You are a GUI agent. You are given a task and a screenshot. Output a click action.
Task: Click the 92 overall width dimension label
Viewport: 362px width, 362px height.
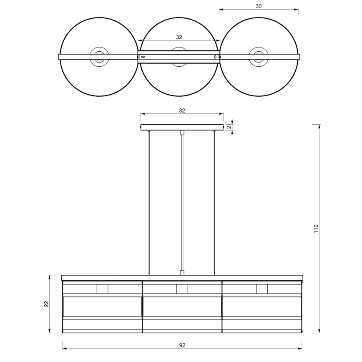pyautogui.click(x=182, y=345)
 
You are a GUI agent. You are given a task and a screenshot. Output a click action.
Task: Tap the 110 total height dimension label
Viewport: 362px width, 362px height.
pyautogui.click(x=316, y=229)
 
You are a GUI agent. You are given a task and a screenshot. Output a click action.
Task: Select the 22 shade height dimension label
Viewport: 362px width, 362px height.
pyautogui.click(x=46, y=304)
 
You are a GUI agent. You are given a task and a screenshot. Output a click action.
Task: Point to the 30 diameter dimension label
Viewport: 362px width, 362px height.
pyautogui.click(x=259, y=6)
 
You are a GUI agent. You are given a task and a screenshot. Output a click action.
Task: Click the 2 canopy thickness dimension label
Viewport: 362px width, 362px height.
pyautogui.click(x=229, y=127)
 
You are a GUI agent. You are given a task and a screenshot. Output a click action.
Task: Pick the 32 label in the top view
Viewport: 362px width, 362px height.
pyautogui.click(x=179, y=37)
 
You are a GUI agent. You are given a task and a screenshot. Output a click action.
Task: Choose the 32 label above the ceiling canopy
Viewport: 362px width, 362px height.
pyautogui.click(x=182, y=111)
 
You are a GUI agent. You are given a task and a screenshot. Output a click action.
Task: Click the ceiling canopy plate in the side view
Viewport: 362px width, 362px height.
pyautogui.click(x=182, y=128)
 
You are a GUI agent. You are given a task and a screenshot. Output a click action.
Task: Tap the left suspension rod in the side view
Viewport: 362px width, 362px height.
pyautogui.click(x=149, y=203)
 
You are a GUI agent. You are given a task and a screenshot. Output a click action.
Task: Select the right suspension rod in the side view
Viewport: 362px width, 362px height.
pyautogui.click(x=214, y=203)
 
